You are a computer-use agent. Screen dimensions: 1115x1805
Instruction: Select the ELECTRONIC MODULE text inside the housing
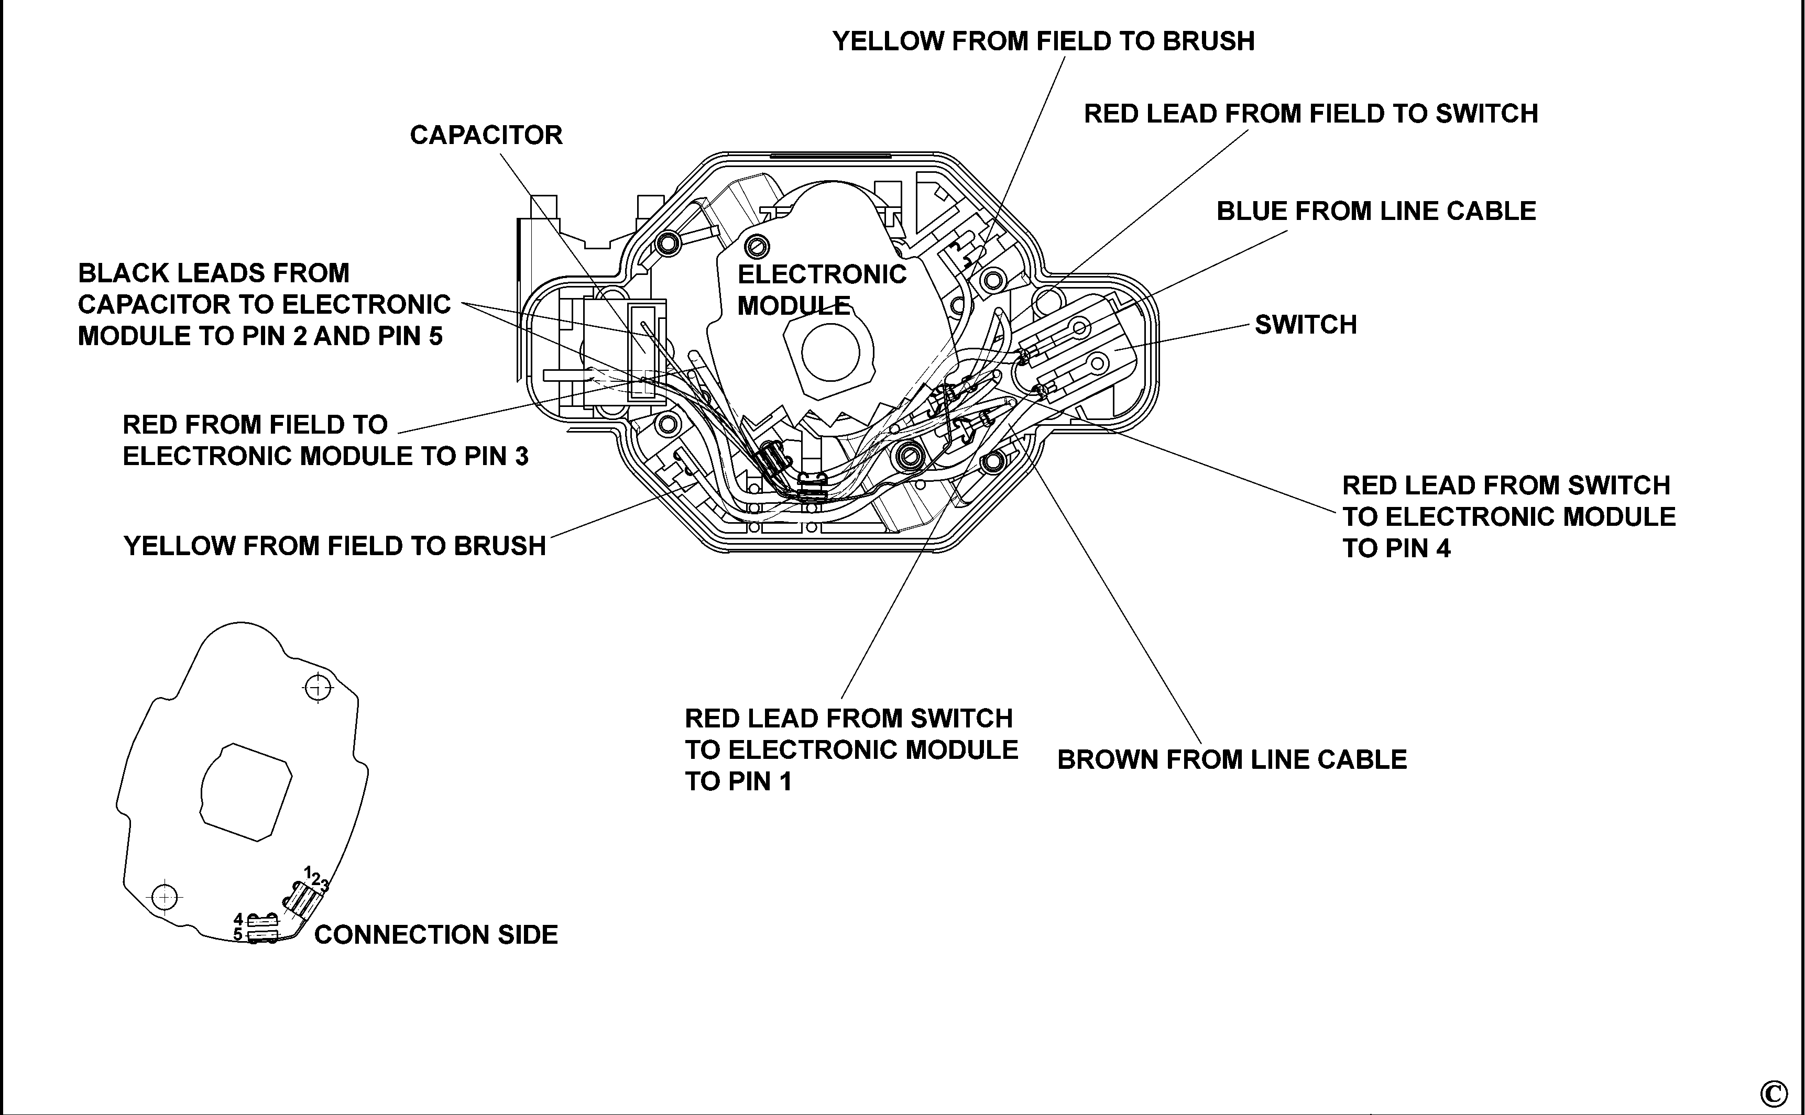coord(821,289)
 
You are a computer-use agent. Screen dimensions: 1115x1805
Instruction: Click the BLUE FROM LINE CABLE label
coord(1376,211)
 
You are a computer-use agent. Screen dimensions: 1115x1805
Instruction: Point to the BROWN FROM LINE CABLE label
coord(1231,759)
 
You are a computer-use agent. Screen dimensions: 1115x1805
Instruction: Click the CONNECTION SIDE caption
coord(435,934)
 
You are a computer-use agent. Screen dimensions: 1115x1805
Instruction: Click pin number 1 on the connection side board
coord(308,871)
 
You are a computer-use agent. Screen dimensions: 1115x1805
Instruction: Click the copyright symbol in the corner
coord(1773,1092)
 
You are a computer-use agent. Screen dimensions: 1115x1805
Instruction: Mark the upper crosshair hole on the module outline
coord(318,687)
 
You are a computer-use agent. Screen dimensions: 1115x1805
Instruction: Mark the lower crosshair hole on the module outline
coord(165,897)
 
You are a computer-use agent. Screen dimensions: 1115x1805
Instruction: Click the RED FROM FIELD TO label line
coord(255,425)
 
